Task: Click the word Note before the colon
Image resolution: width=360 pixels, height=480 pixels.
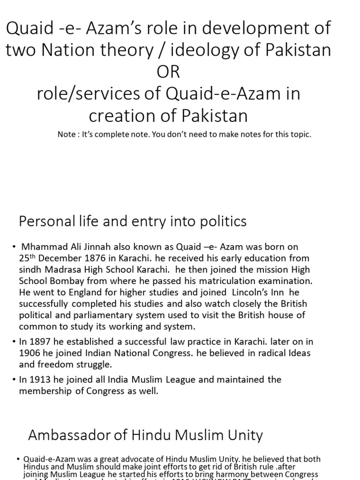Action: click(67, 135)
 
